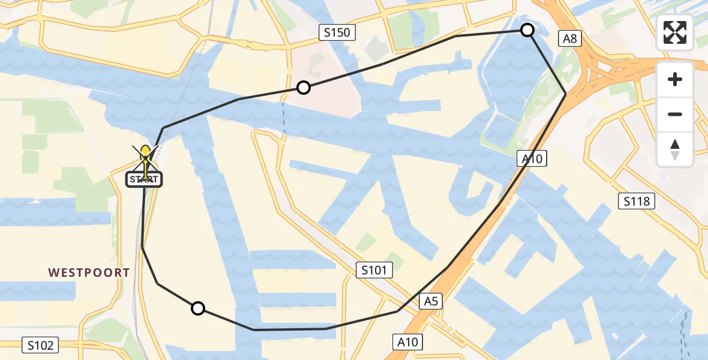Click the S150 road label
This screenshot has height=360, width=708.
point(337,32)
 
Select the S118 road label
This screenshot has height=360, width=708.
point(636,201)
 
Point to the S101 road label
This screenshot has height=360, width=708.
point(374,271)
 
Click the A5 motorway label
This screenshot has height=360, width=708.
point(431,302)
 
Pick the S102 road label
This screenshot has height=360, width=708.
point(41,345)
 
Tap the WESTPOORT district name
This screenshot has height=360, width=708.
point(89,272)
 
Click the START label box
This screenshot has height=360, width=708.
point(144,179)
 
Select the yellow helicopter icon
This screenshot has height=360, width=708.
point(146,157)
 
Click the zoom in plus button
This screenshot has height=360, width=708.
point(675,79)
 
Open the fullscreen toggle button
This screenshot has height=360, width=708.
point(675,32)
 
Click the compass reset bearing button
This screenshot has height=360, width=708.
point(675,149)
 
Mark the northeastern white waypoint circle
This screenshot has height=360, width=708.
point(527,30)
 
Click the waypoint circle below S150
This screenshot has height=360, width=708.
point(304,88)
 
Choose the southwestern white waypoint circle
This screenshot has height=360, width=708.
point(197,308)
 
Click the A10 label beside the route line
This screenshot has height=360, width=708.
point(531,159)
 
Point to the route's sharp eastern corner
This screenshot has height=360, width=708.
point(565,94)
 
